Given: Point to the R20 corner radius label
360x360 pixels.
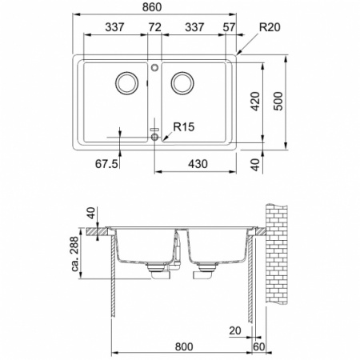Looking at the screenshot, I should click(270, 26).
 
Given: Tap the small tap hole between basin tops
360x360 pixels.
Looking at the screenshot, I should click(154, 69).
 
